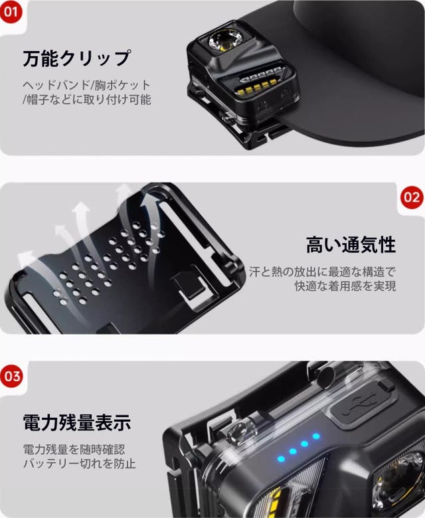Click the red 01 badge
pyautogui.click(x=10, y=12)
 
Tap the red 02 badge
pyautogui.click(x=412, y=197)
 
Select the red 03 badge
pyautogui.click(x=11, y=376)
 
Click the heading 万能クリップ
pyautogui.click(x=76, y=58)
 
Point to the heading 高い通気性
pyautogui.click(x=351, y=245)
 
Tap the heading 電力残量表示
pyautogui.click(x=77, y=422)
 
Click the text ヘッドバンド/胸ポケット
pyautogui.click(x=86, y=85)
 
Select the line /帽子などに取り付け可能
pyautogui.click(x=87, y=99)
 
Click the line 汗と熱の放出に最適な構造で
pyautogui.click(x=322, y=272)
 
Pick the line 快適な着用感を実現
pyautogui.click(x=345, y=286)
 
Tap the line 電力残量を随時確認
pyautogui.click(x=74, y=450)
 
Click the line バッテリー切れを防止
pyautogui.click(x=79, y=464)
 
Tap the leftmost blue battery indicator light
pyautogui.click(x=282, y=459)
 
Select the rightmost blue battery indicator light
pyautogui.click(x=316, y=436)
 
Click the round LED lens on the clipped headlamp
pyautogui.click(x=224, y=42)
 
